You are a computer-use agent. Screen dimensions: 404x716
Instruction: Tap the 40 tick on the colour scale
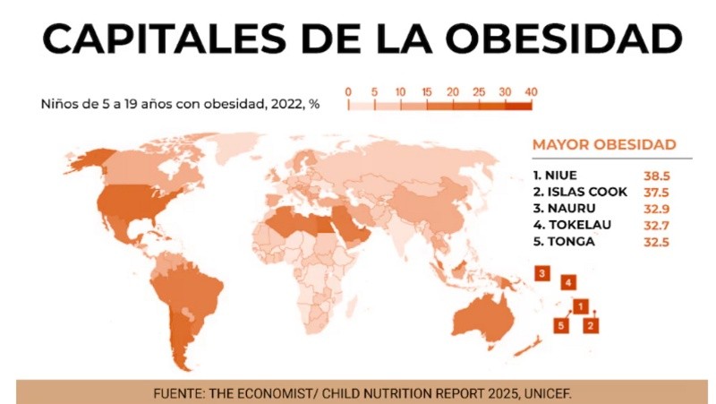(x=531, y=91)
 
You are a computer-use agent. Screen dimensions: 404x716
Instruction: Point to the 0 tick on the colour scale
(x=347, y=91)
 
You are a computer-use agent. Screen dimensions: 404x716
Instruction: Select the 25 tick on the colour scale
(x=479, y=91)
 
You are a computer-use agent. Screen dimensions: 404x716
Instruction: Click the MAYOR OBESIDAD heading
(x=604, y=144)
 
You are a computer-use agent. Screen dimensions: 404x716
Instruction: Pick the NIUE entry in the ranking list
(x=561, y=175)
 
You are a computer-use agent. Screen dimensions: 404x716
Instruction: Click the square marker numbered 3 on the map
(x=541, y=272)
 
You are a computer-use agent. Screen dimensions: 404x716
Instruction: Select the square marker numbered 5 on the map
(x=561, y=325)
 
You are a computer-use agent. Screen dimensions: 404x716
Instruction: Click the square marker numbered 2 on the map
(x=590, y=325)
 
